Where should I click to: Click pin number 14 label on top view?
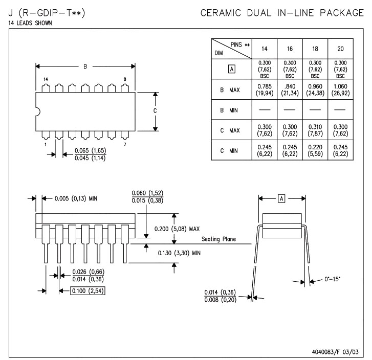pos(46,79)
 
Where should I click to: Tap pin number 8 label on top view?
pos(125,79)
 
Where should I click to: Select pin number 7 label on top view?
pos(125,144)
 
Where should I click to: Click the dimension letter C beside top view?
pos(155,111)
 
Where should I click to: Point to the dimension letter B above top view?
pos(85,65)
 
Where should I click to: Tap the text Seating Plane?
pos(218,239)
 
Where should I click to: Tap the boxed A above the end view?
pos(281,197)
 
